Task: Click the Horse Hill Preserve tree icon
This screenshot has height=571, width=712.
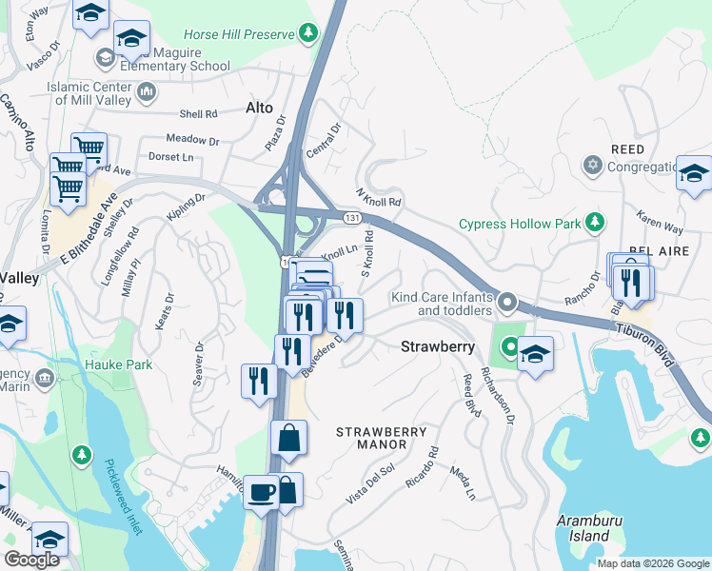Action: click(x=308, y=35)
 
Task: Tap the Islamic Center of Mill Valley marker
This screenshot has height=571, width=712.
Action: click(x=147, y=92)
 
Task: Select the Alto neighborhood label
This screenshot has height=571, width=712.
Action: click(x=260, y=108)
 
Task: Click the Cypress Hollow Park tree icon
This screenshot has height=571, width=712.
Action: click(x=595, y=224)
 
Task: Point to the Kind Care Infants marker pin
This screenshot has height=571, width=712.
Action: click(x=507, y=304)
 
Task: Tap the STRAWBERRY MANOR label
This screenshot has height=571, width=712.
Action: click(x=382, y=439)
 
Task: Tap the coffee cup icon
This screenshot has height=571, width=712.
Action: click(x=261, y=491)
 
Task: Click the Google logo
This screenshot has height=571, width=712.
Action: click(x=31, y=559)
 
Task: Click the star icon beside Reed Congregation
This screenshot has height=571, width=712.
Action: click(x=593, y=166)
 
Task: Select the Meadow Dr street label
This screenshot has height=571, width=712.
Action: click(x=192, y=140)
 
